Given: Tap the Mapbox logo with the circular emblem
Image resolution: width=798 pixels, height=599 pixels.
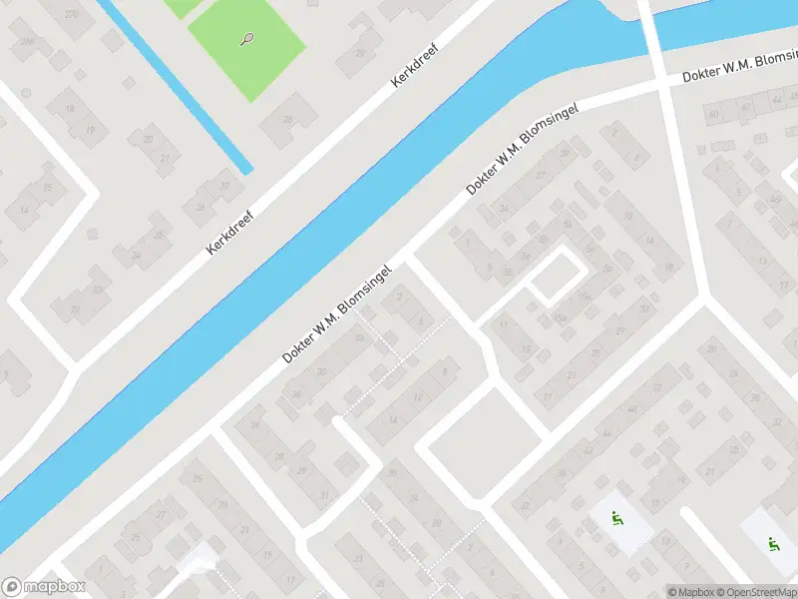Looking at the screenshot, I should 44,587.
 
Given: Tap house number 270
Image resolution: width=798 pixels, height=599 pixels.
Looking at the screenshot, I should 71,14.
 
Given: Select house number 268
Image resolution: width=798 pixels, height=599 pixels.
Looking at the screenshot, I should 28,42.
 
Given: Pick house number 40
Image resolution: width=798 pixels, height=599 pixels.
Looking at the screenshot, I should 714,114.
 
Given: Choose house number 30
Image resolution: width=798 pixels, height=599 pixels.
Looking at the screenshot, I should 321,372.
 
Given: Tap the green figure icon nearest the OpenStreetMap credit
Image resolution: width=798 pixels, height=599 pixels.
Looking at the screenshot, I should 771,544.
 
